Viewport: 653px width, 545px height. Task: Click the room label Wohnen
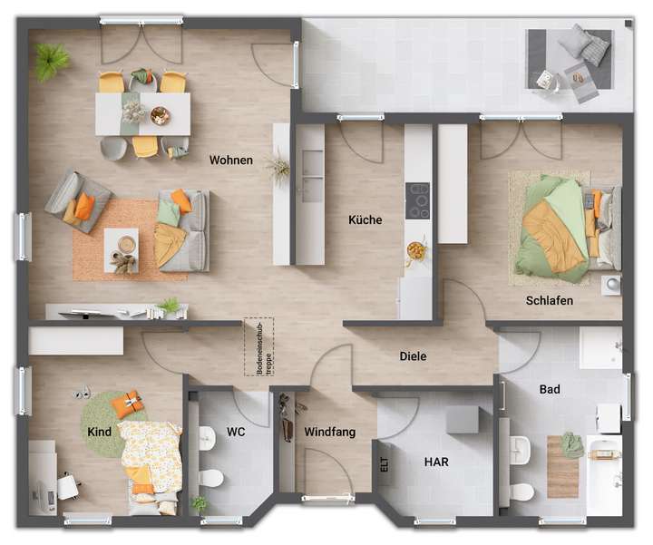tap(230, 161)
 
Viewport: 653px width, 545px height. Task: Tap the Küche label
tap(365, 219)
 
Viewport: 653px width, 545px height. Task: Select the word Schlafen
tap(549, 301)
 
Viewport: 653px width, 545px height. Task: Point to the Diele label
tap(413, 356)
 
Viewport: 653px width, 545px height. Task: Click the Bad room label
tap(550, 390)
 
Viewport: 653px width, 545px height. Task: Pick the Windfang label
tap(329, 433)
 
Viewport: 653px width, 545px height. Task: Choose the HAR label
tap(436, 462)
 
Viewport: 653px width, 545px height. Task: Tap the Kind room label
tap(100, 432)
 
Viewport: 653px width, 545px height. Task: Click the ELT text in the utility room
tap(385, 465)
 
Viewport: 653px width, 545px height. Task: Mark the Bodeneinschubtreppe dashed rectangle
tap(257, 346)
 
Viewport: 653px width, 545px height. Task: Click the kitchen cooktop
tap(418, 200)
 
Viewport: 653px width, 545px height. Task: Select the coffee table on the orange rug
tap(121, 246)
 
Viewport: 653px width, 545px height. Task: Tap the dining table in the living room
tap(143, 113)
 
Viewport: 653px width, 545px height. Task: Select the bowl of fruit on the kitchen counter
tap(415, 248)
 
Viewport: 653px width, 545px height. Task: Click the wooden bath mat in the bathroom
tap(563, 466)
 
